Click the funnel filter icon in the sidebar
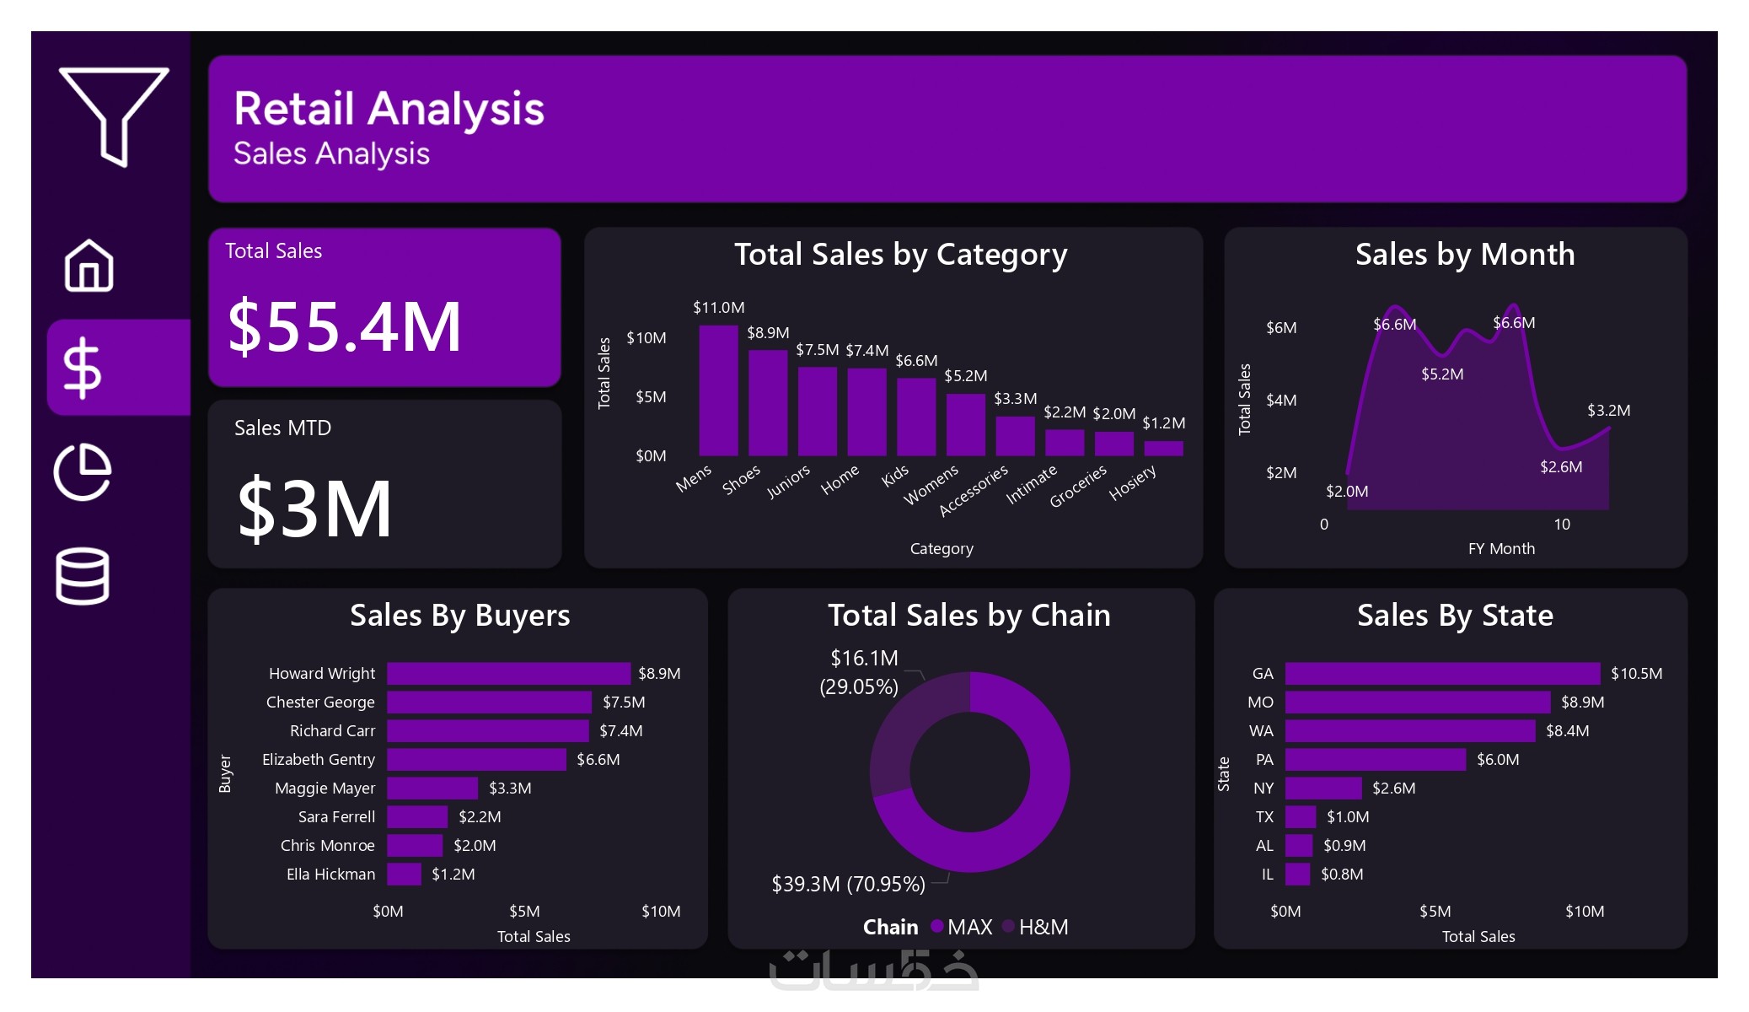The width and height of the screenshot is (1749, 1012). [x=114, y=114]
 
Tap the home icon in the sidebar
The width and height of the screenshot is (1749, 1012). [x=89, y=266]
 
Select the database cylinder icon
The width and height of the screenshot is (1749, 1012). [x=83, y=576]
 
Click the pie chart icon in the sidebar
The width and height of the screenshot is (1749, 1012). [x=83, y=471]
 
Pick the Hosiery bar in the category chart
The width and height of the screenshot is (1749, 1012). [x=1163, y=448]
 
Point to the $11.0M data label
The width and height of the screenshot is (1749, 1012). [x=718, y=308]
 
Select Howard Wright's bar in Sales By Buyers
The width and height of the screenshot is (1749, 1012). [x=508, y=673]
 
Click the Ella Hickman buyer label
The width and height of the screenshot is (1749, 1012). [x=330, y=875]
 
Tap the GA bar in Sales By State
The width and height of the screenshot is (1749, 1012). [x=1441, y=673]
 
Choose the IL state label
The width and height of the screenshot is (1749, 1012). [x=1267, y=875]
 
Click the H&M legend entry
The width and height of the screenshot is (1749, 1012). [x=1043, y=927]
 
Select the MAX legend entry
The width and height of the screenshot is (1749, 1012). [x=969, y=927]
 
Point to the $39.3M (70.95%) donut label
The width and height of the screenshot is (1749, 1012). [x=848, y=884]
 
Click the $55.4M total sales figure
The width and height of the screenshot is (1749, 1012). [x=345, y=327]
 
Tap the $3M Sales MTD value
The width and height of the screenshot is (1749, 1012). [x=314, y=509]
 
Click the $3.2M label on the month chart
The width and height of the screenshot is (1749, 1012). [x=1608, y=411]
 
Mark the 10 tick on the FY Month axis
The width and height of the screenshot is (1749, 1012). [x=1562, y=525]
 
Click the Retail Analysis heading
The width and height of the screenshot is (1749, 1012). [x=389, y=109]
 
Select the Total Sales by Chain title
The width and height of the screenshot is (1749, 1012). [x=968, y=615]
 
